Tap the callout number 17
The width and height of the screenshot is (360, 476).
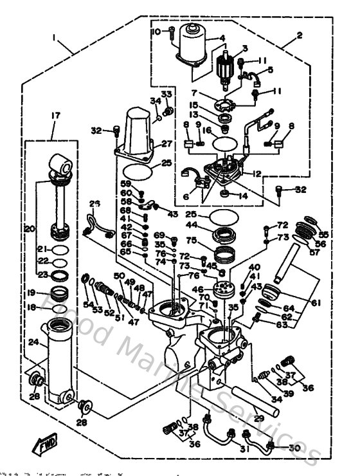[51, 116]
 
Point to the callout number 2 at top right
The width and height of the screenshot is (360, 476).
[300, 35]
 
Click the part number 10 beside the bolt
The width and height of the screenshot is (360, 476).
[155, 32]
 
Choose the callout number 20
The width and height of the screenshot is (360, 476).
[29, 228]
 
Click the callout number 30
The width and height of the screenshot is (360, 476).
[294, 448]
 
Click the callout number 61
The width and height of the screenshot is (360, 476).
[314, 302]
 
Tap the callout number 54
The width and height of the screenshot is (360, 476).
[88, 303]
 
